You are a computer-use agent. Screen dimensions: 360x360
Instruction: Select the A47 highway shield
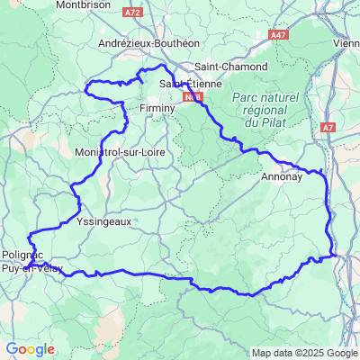click(278, 34)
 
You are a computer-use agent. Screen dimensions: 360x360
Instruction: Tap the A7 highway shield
click(328, 129)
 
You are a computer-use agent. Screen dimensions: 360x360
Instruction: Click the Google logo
click(30, 349)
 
